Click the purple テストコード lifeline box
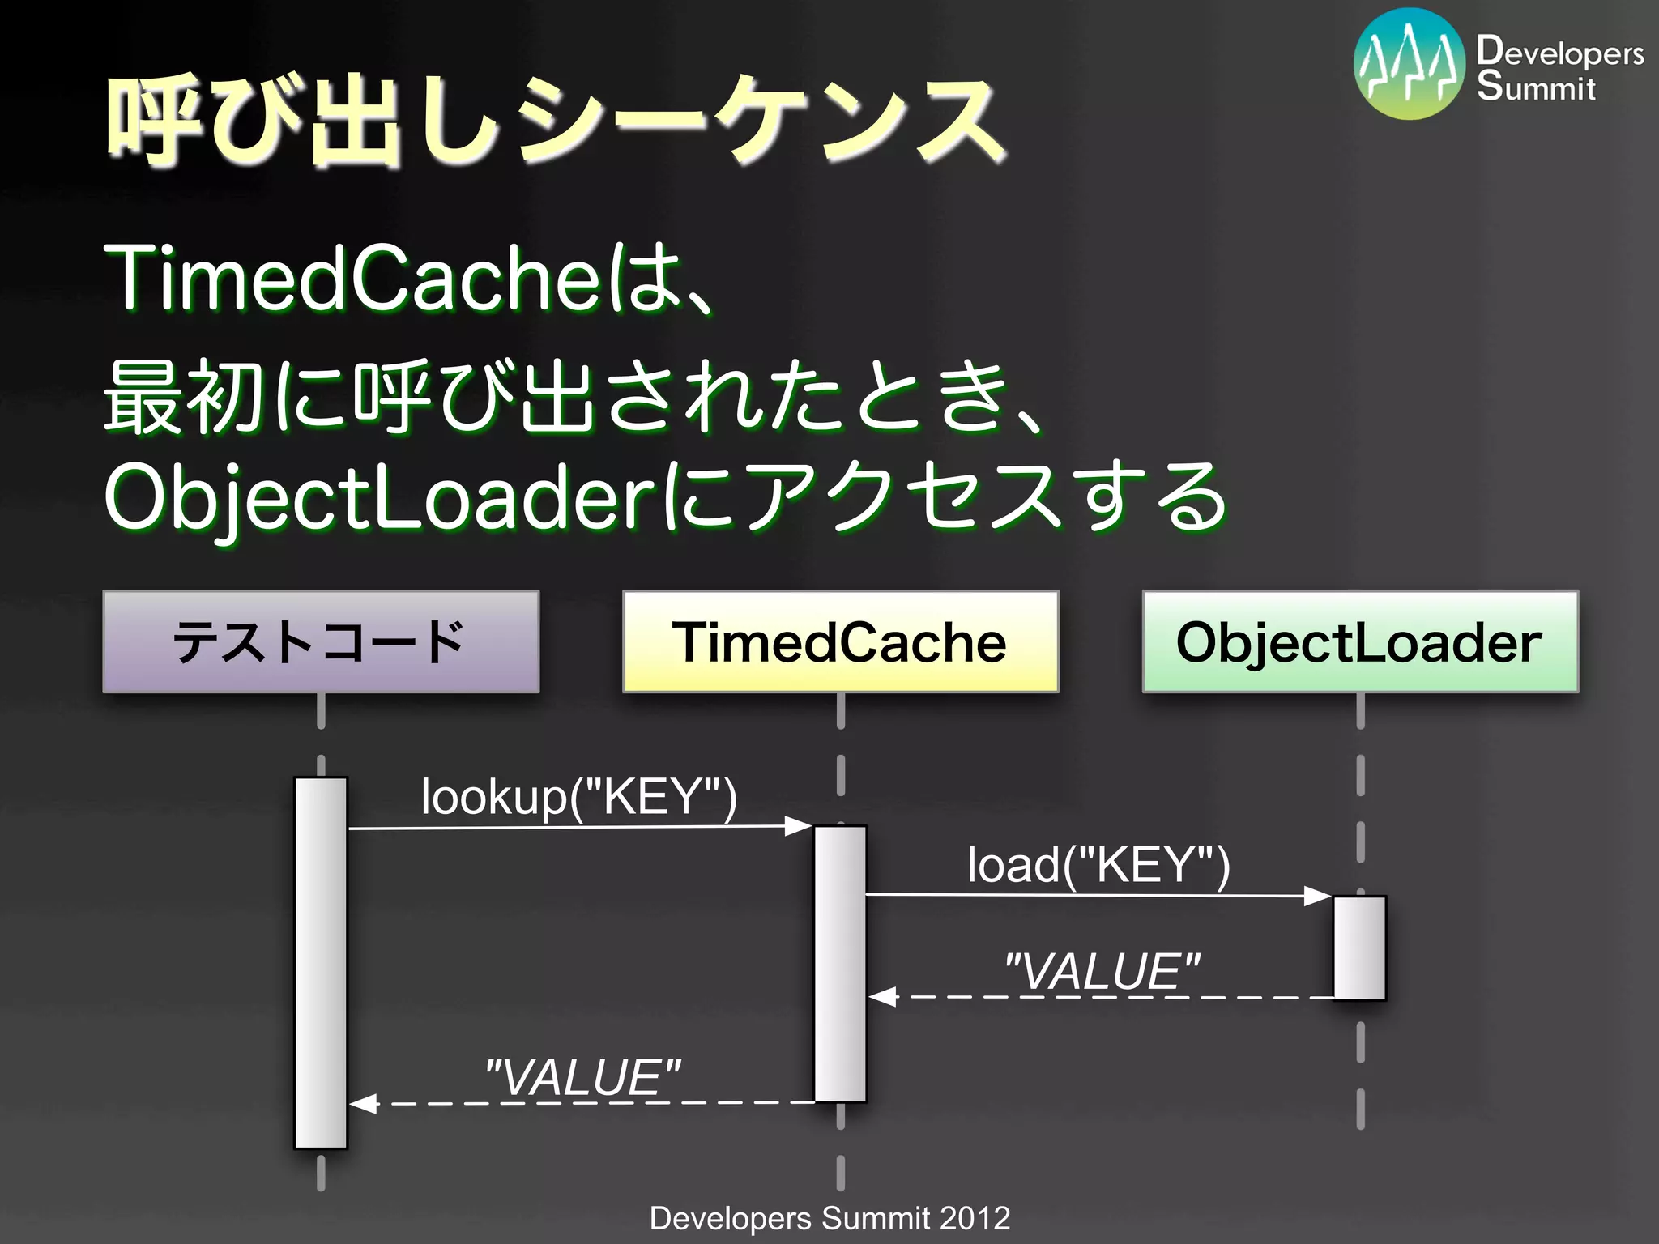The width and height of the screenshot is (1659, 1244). point(321,641)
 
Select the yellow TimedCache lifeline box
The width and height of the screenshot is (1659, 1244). point(840,641)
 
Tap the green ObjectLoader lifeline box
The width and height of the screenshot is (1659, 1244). point(1360,641)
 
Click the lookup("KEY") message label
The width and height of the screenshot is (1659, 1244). point(578,797)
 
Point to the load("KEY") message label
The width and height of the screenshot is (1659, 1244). point(1098,865)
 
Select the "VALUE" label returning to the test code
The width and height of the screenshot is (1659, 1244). point(582,1078)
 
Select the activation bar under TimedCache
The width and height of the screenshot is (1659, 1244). point(840,964)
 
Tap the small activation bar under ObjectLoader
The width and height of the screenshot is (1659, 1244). point(1359,948)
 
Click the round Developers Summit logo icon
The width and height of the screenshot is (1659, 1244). point(1409,64)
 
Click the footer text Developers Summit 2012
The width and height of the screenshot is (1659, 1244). point(829,1218)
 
